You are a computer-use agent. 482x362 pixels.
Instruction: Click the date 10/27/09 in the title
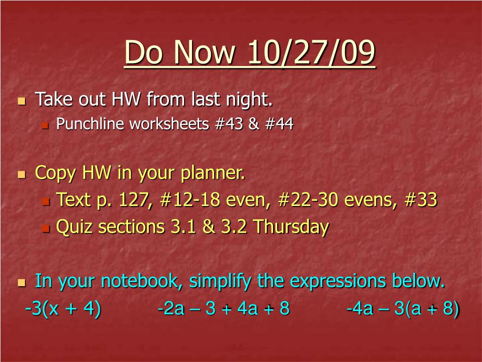pyautogui.click(x=312, y=52)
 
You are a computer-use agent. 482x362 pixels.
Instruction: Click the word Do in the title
pyautogui.click(x=143, y=52)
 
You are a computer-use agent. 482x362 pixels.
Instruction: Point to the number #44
pyautogui.click(x=279, y=124)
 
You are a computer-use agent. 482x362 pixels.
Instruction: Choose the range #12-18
pyautogui.click(x=190, y=199)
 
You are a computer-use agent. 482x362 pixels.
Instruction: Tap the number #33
pyautogui.click(x=421, y=199)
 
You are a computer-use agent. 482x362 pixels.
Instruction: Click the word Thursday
pyautogui.click(x=291, y=227)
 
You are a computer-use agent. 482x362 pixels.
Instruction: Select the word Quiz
pyautogui.click(x=74, y=227)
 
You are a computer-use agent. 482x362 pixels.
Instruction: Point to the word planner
pyautogui.click(x=213, y=173)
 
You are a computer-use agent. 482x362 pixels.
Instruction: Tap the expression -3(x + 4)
pyautogui.click(x=64, y=308)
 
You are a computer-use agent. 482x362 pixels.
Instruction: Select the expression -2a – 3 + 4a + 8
pyautogui.click(x=224, y=308)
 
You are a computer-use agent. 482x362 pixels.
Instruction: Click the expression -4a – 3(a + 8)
pyautogui.click(x=403, y=308)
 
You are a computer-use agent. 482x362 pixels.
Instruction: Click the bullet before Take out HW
pyautogui.click(x=22, y=101)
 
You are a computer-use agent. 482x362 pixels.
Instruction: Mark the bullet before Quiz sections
pyautogui.click(x=46, y=229)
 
